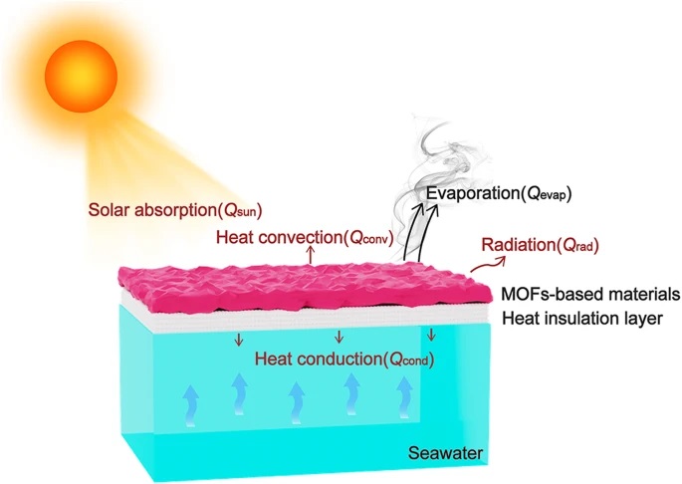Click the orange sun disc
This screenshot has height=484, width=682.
click(81, 76)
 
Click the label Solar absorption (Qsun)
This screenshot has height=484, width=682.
click(175, 210)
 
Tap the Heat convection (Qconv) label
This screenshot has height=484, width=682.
click(305, 238)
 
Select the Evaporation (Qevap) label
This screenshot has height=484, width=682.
click(499, 193)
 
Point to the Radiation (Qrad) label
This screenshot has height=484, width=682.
click(541, 245)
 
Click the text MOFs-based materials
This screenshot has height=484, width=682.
click(590, 294)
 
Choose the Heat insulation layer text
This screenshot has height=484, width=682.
click(582, 319)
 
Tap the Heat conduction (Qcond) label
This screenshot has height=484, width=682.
click(344, 360)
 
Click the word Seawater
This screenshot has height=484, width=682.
click(445, 453)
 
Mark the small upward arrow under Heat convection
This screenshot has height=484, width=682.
click(310, 255)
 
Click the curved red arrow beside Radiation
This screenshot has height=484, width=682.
click(488, 264)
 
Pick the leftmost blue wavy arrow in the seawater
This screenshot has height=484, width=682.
click(191, 404)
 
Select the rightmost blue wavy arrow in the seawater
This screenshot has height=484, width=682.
click(404, 397)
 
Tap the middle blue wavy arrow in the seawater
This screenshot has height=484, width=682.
click(297, 402)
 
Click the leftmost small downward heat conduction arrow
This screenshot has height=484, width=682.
click(238, 340)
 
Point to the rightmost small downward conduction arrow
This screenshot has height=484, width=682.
click(431, 335)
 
